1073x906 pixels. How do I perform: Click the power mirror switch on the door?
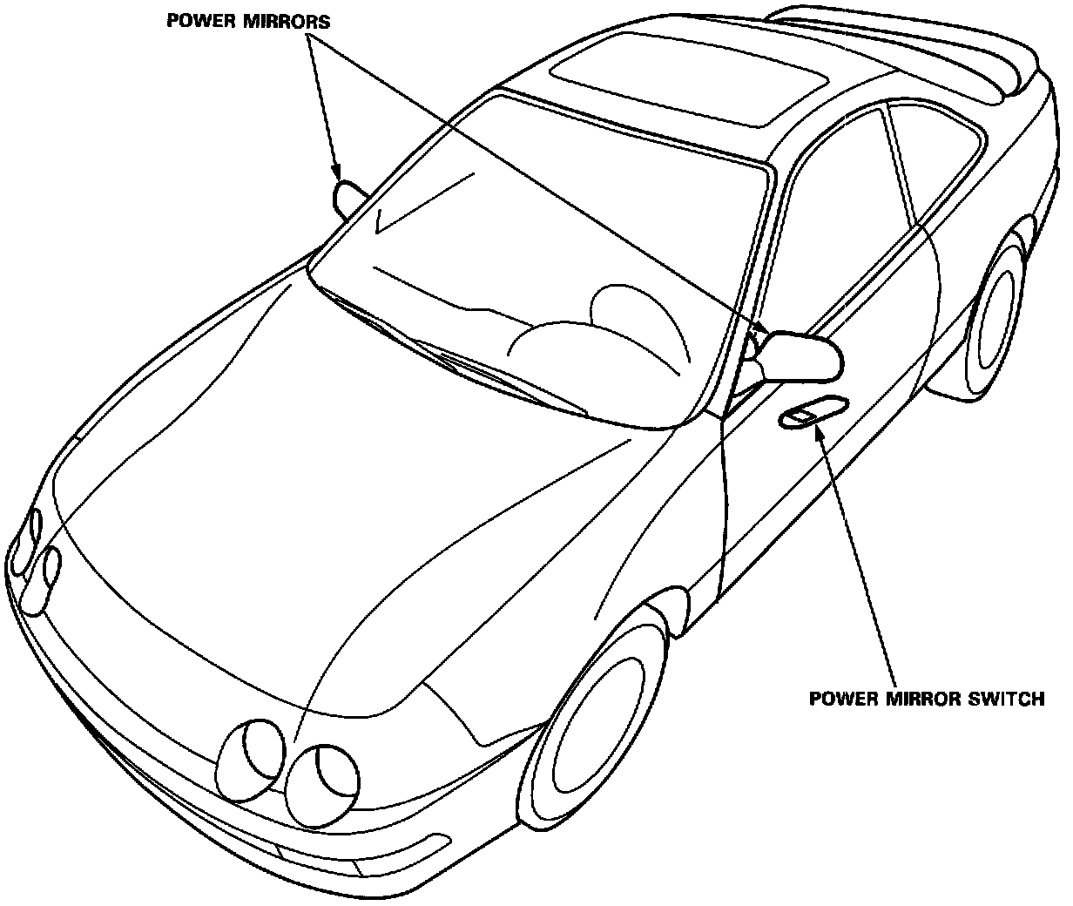click(813, 414)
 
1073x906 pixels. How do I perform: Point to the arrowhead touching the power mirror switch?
click(819, 431)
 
